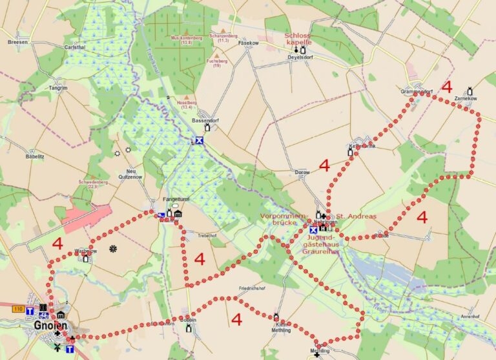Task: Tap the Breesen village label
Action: pyautogui.click(x=17, y=41)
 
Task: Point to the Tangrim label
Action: pyautogui.click(x=57, y=87)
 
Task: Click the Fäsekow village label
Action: pyautogui.click(x=248, y=43)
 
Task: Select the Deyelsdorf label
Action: pyautogui.click(x=300, y=57)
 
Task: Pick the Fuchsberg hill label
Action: pyautogui.click(x=217, y=61)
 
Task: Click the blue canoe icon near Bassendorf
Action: pyautogui.click(x=200, y=140)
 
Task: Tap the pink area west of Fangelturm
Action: pyautogui.click(x=87, y=217)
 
